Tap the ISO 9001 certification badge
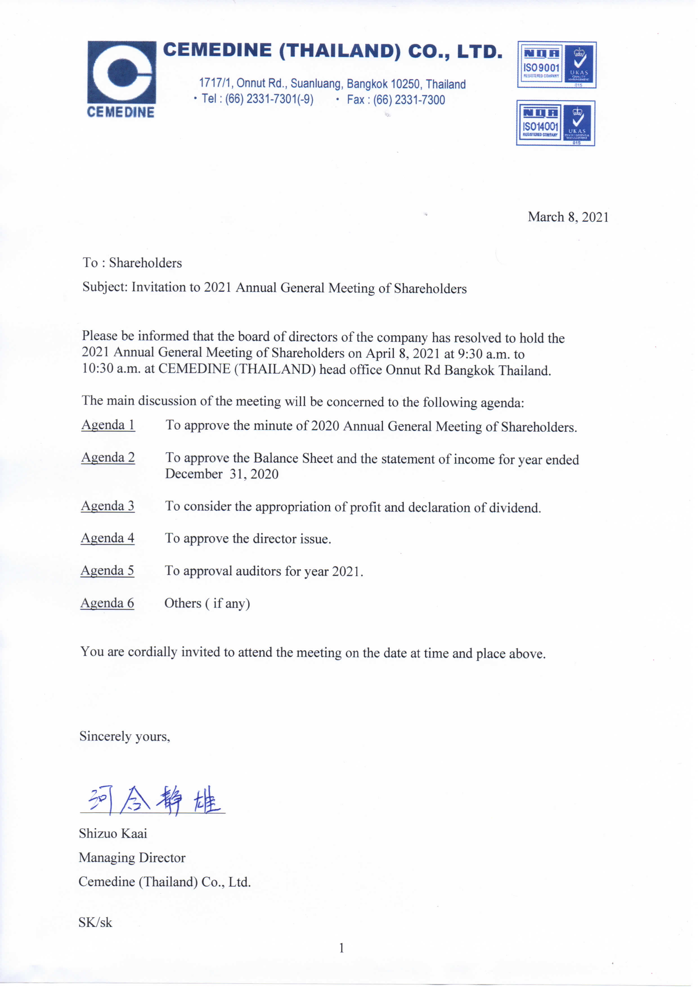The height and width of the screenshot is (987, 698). pos(556,65)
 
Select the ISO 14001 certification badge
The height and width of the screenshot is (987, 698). pos(555,123)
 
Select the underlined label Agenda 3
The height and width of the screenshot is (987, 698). pos(108,506)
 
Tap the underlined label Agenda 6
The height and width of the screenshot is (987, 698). pos(107,603)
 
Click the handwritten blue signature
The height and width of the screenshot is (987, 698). pos(153,800)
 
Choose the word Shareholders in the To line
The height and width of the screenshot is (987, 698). pos(145,263)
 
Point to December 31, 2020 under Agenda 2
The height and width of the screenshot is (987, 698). pos(222,474)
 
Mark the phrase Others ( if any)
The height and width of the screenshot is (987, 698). pos(207,603)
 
